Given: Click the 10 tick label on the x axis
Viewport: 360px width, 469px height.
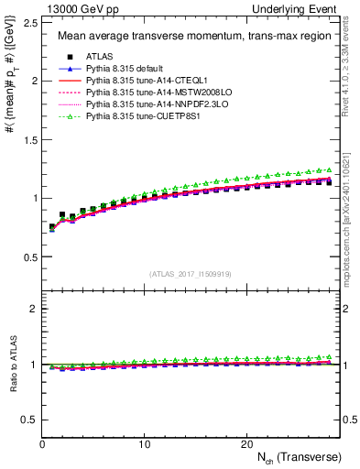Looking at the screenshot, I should coord(144,444).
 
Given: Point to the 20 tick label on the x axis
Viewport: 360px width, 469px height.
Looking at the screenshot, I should coord(245,444).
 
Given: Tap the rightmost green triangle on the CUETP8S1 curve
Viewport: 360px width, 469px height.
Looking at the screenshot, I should coord(329,169).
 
